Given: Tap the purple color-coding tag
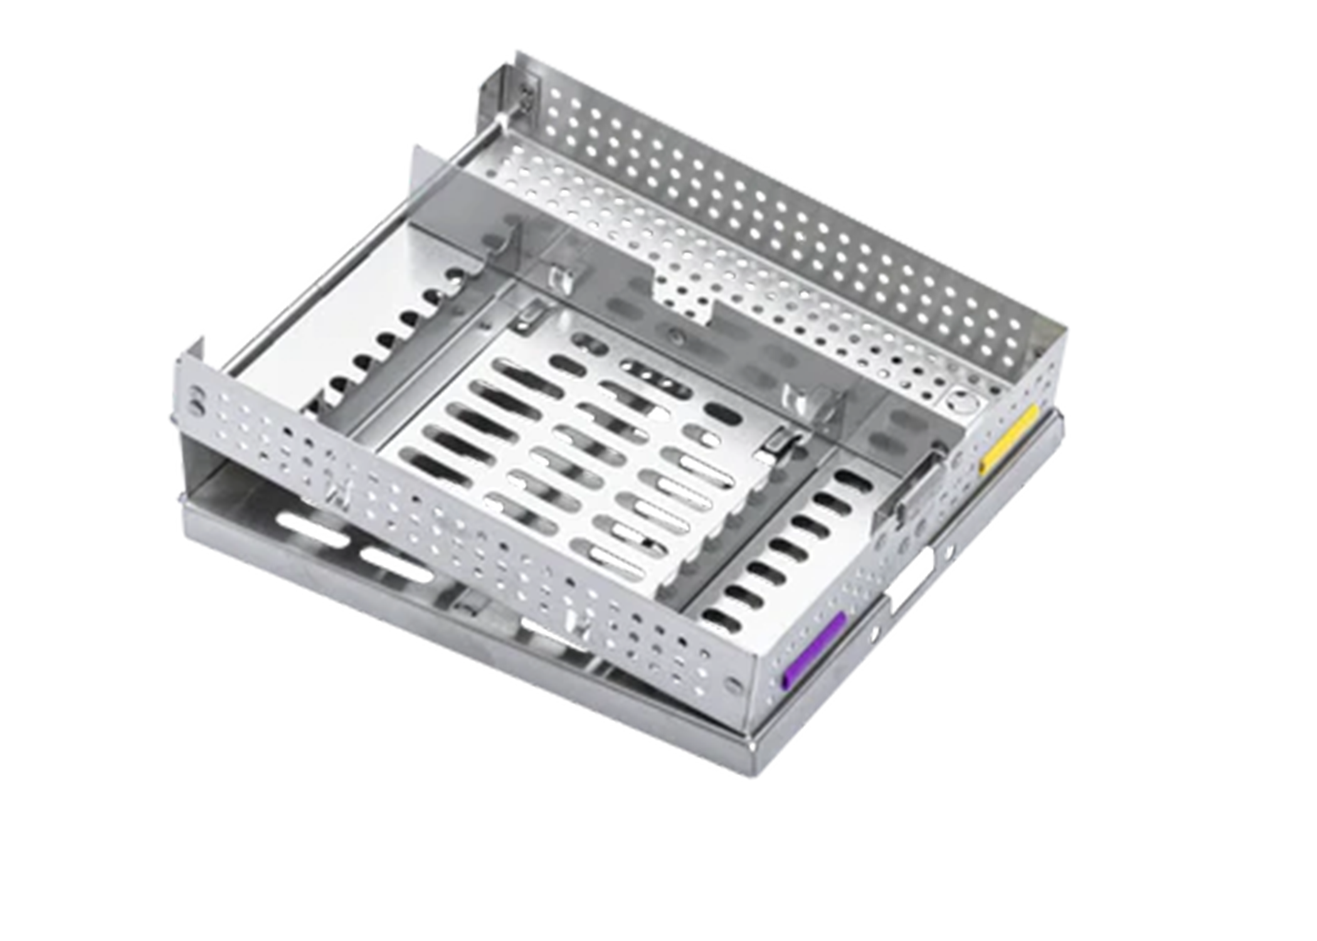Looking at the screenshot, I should point(814,650).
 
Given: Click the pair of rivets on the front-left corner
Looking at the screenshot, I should point(197,402).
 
